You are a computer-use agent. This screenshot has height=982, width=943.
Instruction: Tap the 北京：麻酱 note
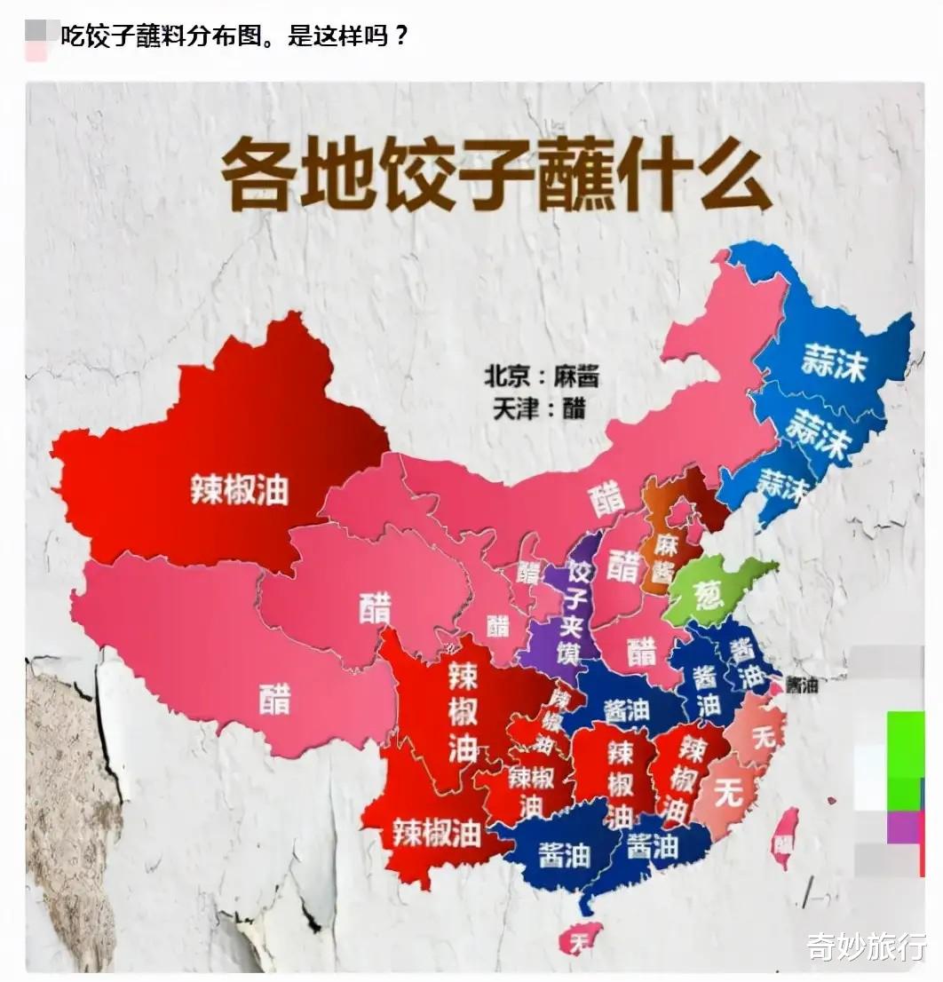pos(541,376)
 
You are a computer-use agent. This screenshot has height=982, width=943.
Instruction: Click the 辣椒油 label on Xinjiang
pos(240,488)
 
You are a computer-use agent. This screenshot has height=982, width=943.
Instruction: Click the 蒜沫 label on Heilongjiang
pos(832,363)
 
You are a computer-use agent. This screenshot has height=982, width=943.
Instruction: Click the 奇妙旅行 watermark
pos(867,946)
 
